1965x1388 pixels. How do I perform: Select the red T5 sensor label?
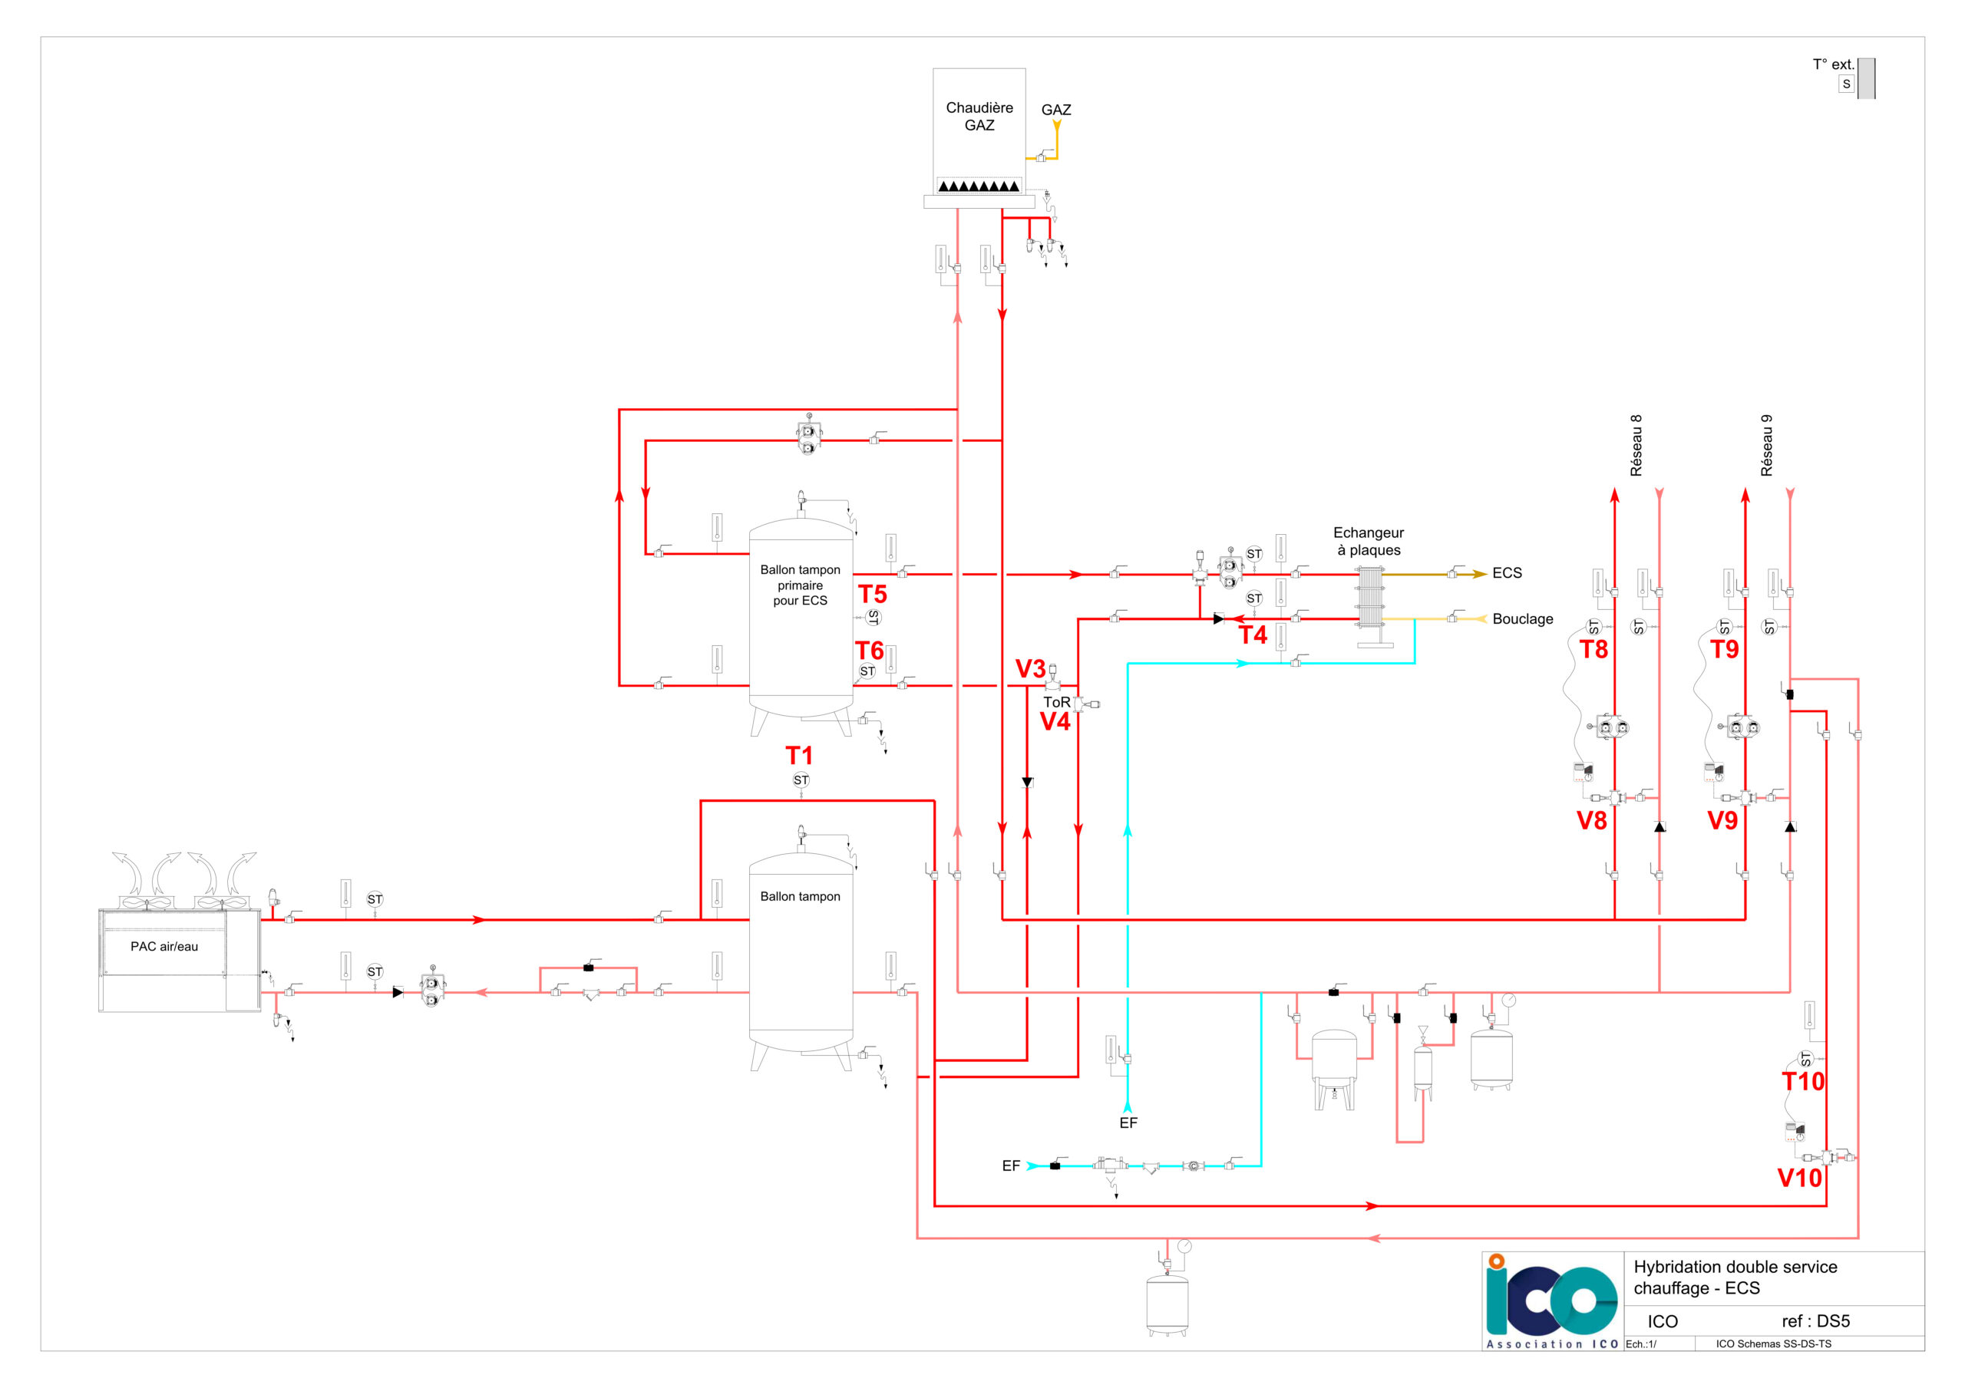pyautogui.click(x=872, y=594)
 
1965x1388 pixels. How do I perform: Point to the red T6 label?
pyautogui.click(x=870, y=651)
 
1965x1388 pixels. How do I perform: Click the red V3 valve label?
pyautogui.click(x=1030, y=669)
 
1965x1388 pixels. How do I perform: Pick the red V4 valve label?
pyautogui.click(x=1055, y=721)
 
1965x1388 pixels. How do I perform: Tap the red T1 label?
pyautogui.click(x=799, y=756)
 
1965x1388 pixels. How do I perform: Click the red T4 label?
pyautogui.click(x=1253, y=635)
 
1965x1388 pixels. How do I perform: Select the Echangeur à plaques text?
pyautogui.click(x=1369, y=542)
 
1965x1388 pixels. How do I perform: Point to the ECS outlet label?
pyautogui.click(x=1507, y=573)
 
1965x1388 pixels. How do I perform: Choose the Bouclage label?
pyautogui.click(x=1523, y=618)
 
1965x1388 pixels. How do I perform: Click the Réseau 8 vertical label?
pyautogui.click(x=1636, y=446)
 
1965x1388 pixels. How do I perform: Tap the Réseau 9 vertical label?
pyautogui.click(x=1766, y=446)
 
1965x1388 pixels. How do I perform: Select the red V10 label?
pyautogui.click(x=1800, y=1179)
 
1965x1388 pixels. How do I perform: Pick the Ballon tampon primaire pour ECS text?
pyautogui.click(x=801, y=585)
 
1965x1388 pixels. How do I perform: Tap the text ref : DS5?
pyautogui.click(x=1816, y=1321)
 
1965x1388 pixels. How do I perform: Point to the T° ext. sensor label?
pyautogui.click(x=1833, y=64)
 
